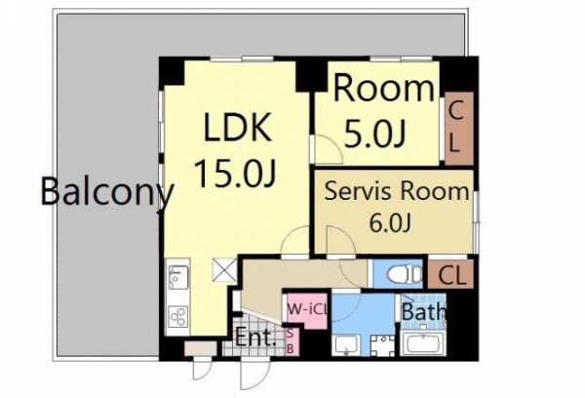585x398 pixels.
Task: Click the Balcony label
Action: tap(107, 191)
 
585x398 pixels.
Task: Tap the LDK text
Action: tap(238, 127)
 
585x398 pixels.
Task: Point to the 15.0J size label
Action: tap(235, 173)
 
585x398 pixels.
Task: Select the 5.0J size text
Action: tap(374, 135)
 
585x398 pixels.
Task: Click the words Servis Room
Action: tap(397, 191)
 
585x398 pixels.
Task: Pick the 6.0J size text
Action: tap(390, 223)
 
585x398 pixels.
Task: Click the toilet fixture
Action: tap(406, 275)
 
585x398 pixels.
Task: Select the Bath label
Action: tap(424, 311)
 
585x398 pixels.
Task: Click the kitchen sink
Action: tap(178, 277)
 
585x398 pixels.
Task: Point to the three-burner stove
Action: tap(178, 317)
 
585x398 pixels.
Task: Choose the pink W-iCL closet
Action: tap(307, 310)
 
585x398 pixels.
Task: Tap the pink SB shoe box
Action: tap(292, 342)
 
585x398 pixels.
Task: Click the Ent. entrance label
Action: tap(255, 339)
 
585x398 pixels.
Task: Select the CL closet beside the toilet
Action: tap(450, 275)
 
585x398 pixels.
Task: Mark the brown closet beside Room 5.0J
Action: tap(459, 129)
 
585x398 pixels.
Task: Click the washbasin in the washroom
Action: tap(347, 345)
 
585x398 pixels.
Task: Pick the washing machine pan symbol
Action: tap(383, 345)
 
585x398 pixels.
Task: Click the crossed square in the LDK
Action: tap(224, 269)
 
